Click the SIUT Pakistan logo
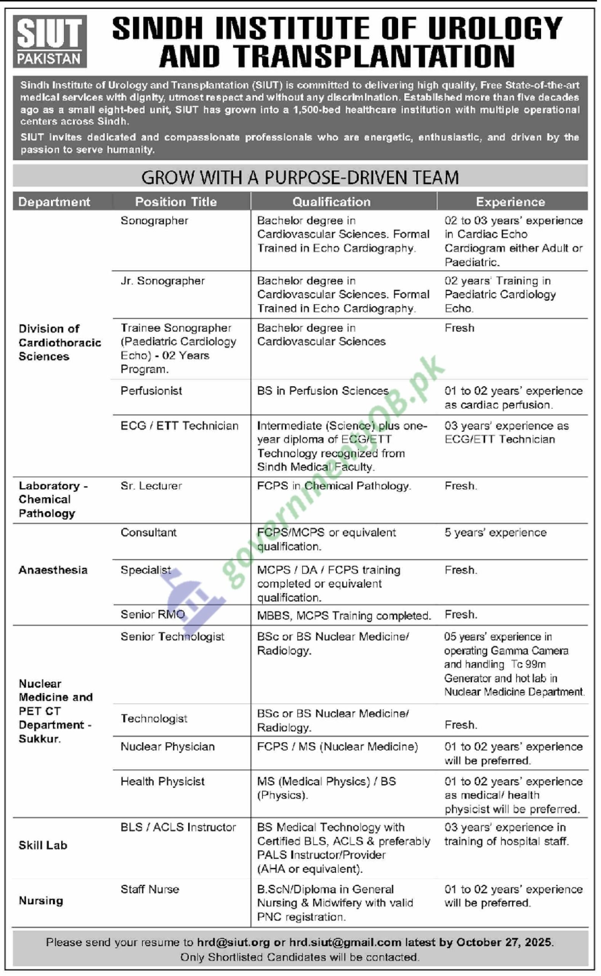point(50,41)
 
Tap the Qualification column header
point(331,202)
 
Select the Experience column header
point(510,202)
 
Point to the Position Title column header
point(176,202)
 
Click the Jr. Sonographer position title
point(162,281)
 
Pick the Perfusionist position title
point(151,391)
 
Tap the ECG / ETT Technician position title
point(179,426)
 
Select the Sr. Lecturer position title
point(151,486)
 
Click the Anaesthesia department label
point(53,570)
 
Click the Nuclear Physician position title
point(167,747)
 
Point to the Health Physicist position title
point(162,781)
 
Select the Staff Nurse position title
point(150,889)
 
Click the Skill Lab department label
point(43,845)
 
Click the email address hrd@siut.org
point(233,942)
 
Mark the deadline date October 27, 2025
point(504,942)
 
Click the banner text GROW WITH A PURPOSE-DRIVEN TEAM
point(300,177)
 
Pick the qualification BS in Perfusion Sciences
point(323,391)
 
